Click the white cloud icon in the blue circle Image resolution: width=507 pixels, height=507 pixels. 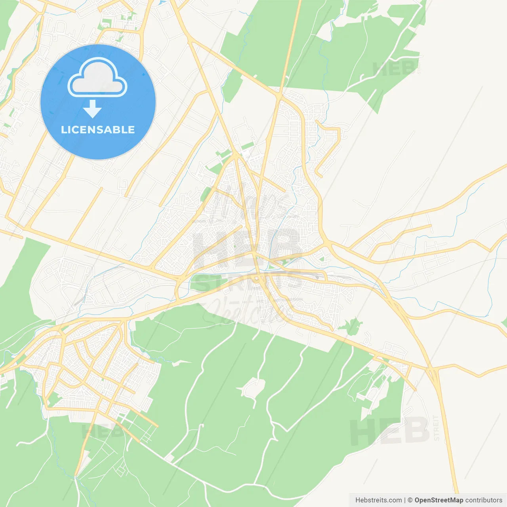coord(97,78)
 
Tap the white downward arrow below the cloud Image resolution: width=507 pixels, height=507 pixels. coord(92,109)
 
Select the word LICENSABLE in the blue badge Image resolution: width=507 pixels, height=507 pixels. coord(98,130)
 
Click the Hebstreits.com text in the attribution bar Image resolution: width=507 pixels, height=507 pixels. coord(378,500)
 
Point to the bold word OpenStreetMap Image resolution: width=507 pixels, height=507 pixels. coord(439,500)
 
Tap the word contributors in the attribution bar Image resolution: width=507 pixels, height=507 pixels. coord(484,500)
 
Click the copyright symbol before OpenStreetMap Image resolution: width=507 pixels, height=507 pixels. coord(410,500)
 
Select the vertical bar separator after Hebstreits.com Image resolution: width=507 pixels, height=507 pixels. coord(405,500)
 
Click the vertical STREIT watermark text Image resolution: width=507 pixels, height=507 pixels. coord(436,428)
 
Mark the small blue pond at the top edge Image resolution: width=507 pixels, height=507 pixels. coord(162,2)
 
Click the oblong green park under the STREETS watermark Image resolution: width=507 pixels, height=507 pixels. coord(210,282)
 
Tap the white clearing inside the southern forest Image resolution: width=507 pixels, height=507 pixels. coord(253,387)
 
